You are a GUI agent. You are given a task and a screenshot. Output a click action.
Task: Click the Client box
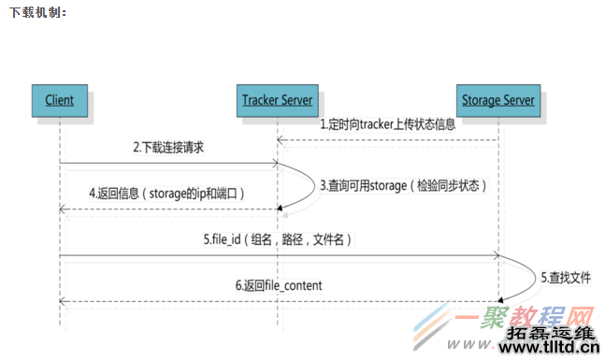click(59, 99)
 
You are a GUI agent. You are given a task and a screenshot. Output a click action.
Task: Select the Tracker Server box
click(277, 99)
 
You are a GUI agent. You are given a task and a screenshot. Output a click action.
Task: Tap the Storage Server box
click(498, 99)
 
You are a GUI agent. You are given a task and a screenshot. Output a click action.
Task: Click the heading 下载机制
click(37, 12)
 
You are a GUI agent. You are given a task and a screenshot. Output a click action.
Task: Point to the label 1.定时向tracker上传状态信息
click(387, 123)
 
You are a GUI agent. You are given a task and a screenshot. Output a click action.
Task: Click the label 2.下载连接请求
click(168, 148)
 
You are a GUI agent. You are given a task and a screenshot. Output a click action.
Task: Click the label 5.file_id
click(278, 239)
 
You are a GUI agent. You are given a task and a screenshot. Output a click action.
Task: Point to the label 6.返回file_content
click(280, 284)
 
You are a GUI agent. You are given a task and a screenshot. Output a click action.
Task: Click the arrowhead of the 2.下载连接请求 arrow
click(276, 163)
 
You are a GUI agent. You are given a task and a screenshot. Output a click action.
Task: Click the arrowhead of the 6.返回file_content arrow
click(63, 301)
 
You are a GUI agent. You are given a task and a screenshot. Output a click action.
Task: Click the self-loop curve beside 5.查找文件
click(528, 278)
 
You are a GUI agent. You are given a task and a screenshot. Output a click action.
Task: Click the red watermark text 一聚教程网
click(527, 317)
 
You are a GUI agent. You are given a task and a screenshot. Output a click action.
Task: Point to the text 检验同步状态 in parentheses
click(449, 185)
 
